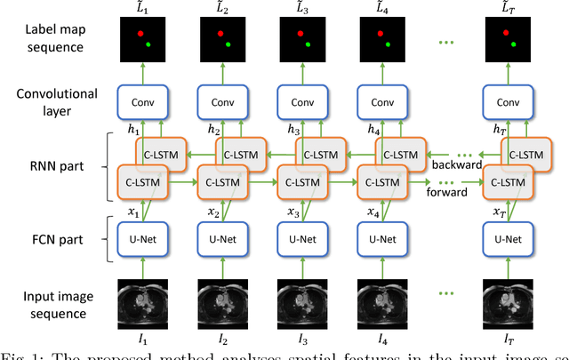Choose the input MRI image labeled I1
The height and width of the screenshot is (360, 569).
click(143, 301)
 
